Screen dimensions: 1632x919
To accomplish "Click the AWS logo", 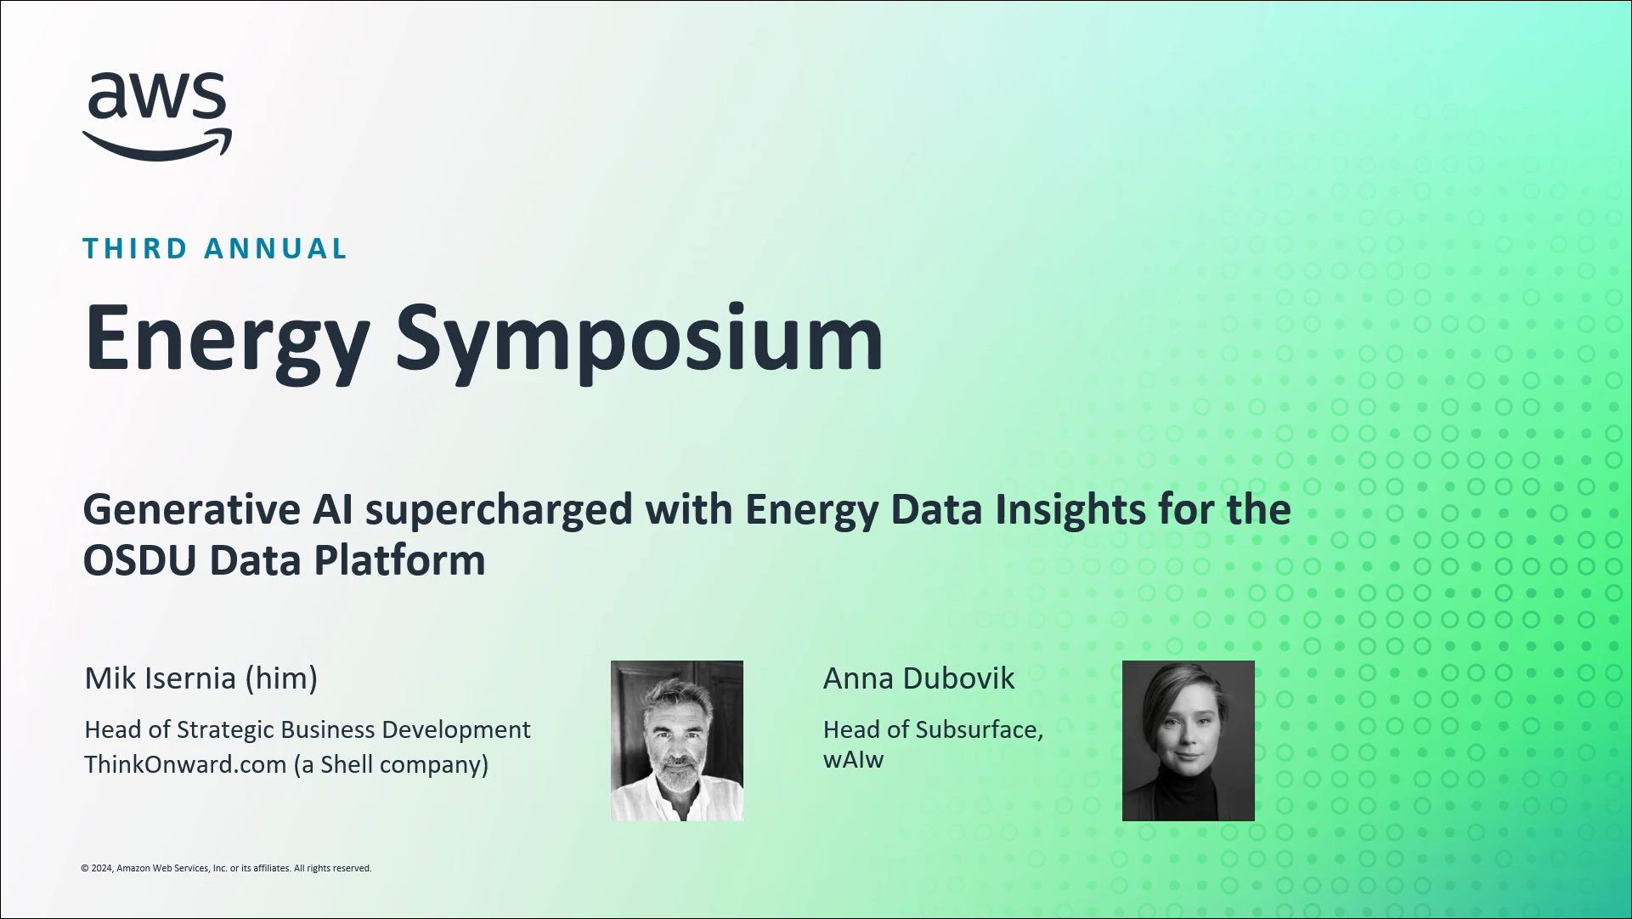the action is click(157, 116).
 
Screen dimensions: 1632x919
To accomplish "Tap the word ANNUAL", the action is click(276, 248).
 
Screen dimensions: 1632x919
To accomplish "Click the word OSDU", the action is click(139, 560).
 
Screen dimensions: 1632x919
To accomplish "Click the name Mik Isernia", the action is click(160, 678).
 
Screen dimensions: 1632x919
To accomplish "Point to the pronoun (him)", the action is click(281, 679).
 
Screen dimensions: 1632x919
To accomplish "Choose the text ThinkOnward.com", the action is click(185, 764).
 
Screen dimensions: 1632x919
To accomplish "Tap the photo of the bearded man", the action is click(677, 740).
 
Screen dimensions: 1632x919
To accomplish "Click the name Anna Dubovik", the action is click(919, 678).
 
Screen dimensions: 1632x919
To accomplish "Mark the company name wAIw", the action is click(854, 759).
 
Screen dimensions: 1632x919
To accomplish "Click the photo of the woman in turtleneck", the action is click(1189, 740).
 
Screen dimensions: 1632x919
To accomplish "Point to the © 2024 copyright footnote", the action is click(226, 868).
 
